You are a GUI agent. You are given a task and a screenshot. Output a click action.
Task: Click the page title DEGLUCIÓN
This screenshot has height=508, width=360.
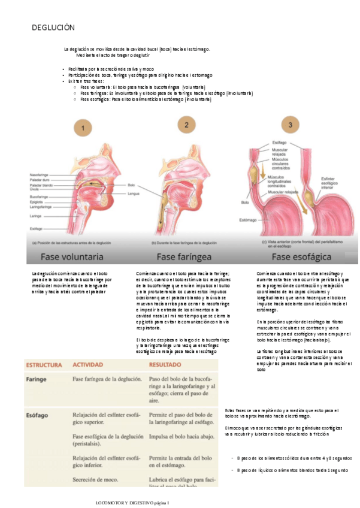(x=53, y=28)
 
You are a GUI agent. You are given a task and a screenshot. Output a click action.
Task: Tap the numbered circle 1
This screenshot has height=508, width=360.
(x=83, y=127)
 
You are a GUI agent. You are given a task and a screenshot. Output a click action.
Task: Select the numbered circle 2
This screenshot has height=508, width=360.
(x=187, y=125)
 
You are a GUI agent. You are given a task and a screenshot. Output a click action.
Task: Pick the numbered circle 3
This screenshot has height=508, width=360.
(x=291, y=125)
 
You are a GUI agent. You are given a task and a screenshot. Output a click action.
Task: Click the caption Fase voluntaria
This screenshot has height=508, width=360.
(x=71, y=257)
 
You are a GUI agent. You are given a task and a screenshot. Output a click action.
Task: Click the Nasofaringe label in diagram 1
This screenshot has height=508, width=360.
(x=40, y=175)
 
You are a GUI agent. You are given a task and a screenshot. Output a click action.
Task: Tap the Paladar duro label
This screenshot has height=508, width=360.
(x=39, y=180)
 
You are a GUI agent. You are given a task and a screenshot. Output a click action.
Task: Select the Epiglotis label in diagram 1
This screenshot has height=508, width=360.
(x=36, y=202)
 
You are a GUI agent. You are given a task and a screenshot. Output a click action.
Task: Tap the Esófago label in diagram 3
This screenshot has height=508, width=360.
(x=279, y=142)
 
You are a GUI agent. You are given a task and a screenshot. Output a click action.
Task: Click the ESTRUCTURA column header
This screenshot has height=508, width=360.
(x=44, y=364)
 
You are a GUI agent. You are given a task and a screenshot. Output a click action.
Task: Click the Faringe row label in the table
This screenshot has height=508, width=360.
(x=37, y=379)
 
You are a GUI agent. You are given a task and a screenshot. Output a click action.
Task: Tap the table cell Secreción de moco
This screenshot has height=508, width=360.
(x=98, y=479)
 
